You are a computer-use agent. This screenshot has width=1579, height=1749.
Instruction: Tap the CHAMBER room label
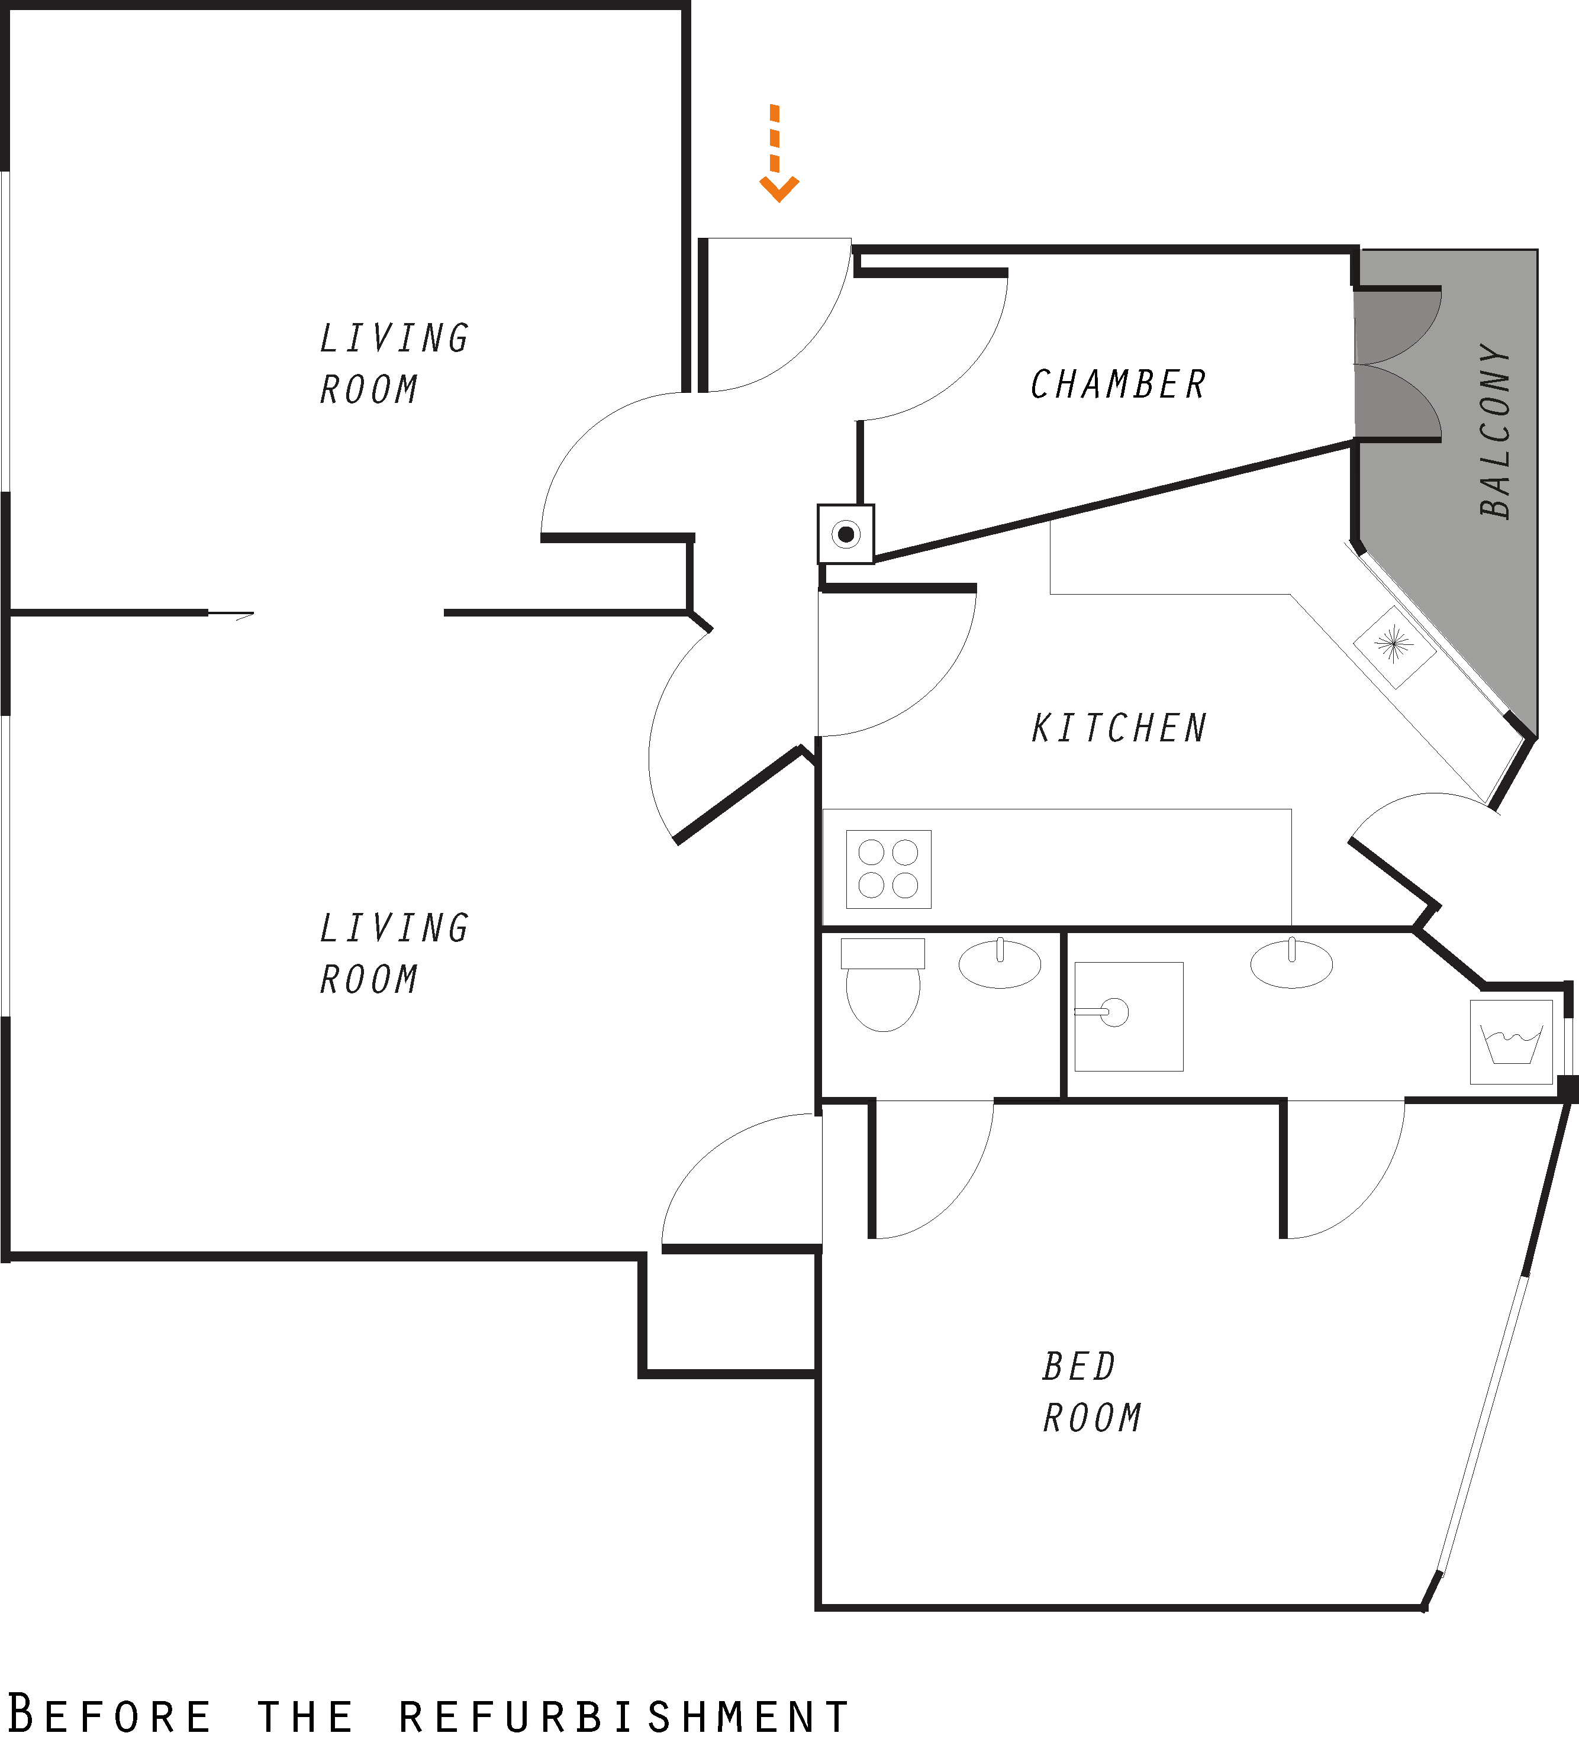pos(1119,384)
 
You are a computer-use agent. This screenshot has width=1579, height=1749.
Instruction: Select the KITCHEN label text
pos(1119,728)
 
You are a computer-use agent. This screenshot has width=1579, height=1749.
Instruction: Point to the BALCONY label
pos(1495,431)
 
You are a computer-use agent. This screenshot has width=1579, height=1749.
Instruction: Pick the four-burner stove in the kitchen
pos(888,869)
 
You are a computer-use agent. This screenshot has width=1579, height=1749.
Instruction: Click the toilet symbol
pos(882,984)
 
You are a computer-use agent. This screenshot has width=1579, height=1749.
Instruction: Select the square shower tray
pos(1129,1017)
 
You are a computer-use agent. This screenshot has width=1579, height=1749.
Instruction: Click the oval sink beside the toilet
pos(1000,963)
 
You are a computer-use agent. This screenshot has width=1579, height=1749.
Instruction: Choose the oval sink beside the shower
pos(1291,963)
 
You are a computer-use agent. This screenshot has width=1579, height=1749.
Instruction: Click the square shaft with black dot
pos(846,534)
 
